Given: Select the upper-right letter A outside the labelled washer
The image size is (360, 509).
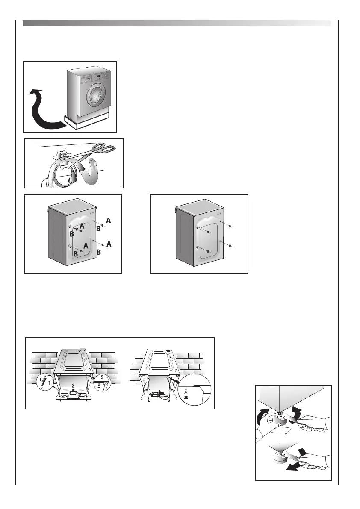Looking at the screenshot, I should (109, 221).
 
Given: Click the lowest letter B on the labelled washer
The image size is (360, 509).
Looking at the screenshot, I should (75, 254).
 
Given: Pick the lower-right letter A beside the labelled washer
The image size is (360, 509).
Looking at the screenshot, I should (109, 244).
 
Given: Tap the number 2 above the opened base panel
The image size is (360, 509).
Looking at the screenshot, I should (74, 385).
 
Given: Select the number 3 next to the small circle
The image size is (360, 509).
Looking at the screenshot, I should (102, 377).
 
